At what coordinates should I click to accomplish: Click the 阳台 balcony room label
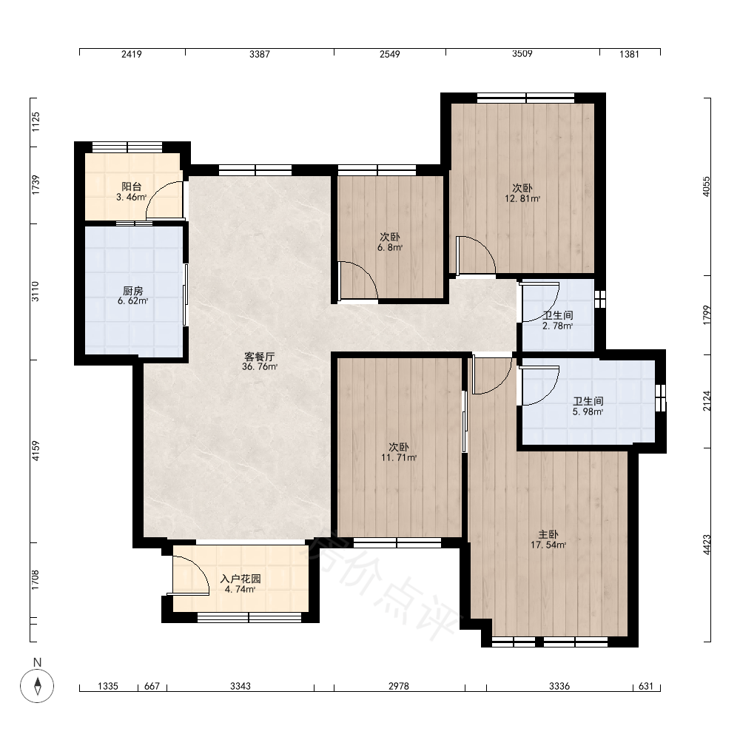coord(131,187)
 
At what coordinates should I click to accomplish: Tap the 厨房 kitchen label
coord(132,291)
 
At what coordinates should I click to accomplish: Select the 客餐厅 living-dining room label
coord(259,357)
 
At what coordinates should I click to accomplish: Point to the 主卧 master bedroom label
coord(548,535)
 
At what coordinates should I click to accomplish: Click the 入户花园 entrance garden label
coord(240,579)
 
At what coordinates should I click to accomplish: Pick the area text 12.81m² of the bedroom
coord(522,198)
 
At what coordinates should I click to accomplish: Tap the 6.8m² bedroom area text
coord(390,247)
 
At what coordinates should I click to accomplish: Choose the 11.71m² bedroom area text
coord(399,457)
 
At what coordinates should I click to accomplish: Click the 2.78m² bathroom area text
coord(557,326)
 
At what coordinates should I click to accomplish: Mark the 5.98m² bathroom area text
coord(588,411)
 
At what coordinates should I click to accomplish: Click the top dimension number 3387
coord(260,54)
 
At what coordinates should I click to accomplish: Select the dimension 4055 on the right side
coord(706,186)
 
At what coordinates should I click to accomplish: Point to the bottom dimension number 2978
coord(399,686)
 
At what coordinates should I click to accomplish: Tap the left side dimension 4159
coord(36,451)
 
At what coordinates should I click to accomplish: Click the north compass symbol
coord(37,686)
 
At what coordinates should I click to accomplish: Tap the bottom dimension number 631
coord(645,686)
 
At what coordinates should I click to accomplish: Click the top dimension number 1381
coord(629,54)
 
